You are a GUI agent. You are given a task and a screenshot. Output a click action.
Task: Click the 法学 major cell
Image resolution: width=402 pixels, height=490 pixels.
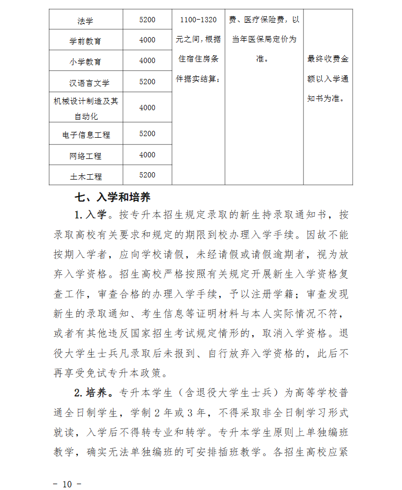[85, 21]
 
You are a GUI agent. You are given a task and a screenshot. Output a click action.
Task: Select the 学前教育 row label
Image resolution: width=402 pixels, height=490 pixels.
[85, 41]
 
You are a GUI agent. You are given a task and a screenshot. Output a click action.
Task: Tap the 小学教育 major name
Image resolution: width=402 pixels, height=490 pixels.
[85, 61]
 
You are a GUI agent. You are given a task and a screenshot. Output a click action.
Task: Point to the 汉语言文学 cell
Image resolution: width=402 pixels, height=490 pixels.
[85, 83]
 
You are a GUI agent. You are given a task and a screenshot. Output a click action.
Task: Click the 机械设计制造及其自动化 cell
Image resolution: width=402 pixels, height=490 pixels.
[85, 108]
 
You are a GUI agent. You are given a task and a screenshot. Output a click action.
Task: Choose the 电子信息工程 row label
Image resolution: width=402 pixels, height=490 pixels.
[85, 135]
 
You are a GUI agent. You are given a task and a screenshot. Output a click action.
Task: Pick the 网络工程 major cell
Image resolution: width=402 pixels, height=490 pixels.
[85, 156]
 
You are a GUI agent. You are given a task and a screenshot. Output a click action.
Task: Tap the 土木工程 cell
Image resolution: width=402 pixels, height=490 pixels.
[85, 176]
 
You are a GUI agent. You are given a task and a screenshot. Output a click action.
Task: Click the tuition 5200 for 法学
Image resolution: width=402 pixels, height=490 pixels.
[147, 20]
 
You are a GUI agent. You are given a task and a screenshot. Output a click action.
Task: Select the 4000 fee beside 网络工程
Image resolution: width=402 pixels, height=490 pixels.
[147, 155]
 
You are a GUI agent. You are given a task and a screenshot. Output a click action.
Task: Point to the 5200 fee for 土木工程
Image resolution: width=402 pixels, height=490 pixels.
[147, 175]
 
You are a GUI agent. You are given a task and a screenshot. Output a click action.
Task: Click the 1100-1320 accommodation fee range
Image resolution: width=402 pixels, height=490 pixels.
[198, 20]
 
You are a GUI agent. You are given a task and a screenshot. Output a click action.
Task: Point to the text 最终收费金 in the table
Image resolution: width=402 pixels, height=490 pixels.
[328, 59]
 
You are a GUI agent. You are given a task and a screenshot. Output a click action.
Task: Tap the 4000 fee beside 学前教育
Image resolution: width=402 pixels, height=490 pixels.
[147, 40]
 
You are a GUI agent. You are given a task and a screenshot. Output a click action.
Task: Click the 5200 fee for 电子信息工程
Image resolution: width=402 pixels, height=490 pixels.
[147, 133]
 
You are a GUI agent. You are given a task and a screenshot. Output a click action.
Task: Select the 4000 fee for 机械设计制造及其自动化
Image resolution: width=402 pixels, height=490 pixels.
[147, 108]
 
